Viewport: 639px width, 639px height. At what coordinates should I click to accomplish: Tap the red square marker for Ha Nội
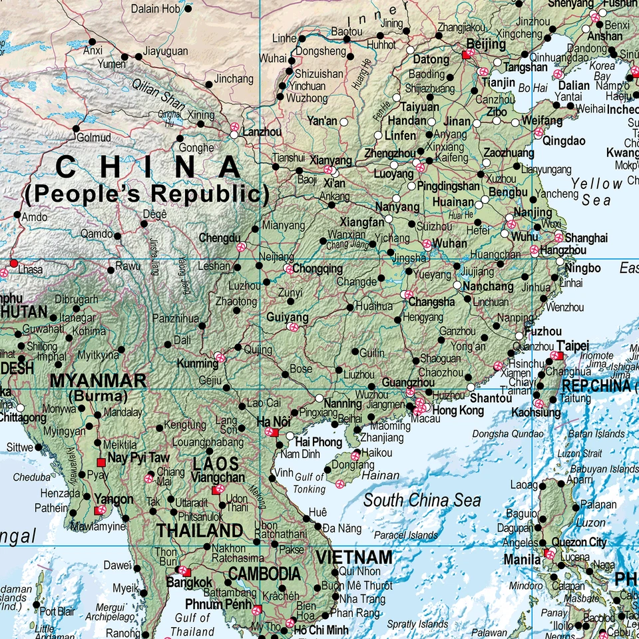(275, 433)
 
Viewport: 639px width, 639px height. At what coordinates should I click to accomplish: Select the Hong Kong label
(460, 411)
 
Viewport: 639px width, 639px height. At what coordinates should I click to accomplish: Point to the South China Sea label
(422, 501)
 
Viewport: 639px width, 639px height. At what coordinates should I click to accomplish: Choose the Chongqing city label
(318, 270)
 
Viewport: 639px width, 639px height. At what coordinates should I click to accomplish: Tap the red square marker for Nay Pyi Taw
(101, 462)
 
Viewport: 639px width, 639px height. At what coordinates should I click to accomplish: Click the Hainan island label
(381, 476)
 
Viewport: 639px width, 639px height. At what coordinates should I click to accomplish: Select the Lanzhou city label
(262, 132)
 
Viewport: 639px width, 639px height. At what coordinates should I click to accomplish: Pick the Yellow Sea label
(597, 192)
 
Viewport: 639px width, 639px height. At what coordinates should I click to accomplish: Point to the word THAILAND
(200, 531)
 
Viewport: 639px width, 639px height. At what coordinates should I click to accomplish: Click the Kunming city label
(197, 363)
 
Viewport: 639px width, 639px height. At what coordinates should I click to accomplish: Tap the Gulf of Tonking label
(310, 483)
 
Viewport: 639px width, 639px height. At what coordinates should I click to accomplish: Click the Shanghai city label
(586, 238)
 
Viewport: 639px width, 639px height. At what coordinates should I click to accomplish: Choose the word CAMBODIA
(264, 574)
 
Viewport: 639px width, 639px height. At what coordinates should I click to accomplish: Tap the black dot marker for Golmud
(75, 128)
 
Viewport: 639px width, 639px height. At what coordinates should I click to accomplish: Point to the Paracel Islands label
(406, 534)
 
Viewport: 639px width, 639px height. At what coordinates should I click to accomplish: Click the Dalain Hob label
(155, 9)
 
